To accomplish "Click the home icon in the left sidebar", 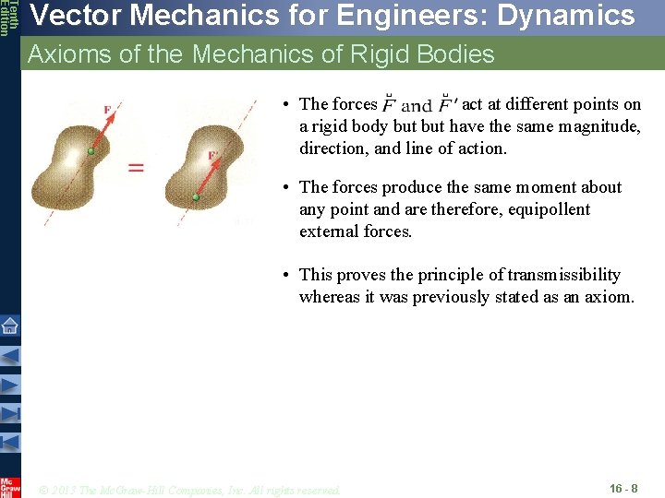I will (x=9, y=325).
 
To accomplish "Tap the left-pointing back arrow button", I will (x=9, y=354).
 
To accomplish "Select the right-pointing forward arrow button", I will (x=9, y=384).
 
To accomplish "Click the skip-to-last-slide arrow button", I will (x=9, y=413).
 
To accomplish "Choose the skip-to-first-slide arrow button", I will (x=9, y=442).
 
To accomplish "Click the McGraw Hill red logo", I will (x=9, y=487).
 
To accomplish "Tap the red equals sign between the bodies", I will (x=136, y=167).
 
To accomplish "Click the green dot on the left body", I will (x=90, y=150).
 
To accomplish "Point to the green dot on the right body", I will (x=196, y=196).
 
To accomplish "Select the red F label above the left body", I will (x=108, y=110).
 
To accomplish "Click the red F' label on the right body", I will (x=212, y=155).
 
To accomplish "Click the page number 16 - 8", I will (x=623, y=487).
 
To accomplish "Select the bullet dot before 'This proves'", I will (x=288, y=275).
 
